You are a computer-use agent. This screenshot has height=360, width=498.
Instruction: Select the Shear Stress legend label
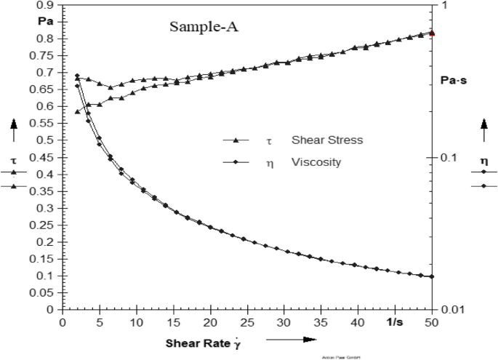click(x=322, y=140)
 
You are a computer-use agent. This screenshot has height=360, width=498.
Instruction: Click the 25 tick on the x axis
click(x=247, y=321)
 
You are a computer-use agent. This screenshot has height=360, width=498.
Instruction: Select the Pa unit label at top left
click(x=45, y=20)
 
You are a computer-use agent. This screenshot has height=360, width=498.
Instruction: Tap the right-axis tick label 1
click(x=442, y=6)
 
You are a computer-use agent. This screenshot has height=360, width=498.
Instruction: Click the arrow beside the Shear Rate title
click(x=291, y=340)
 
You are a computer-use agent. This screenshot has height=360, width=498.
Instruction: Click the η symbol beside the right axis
click(x=483, y=160)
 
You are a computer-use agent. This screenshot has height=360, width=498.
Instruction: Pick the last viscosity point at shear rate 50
click(x=433, y=276)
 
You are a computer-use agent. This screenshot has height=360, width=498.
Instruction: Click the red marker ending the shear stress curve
click(x=433, y=33)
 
